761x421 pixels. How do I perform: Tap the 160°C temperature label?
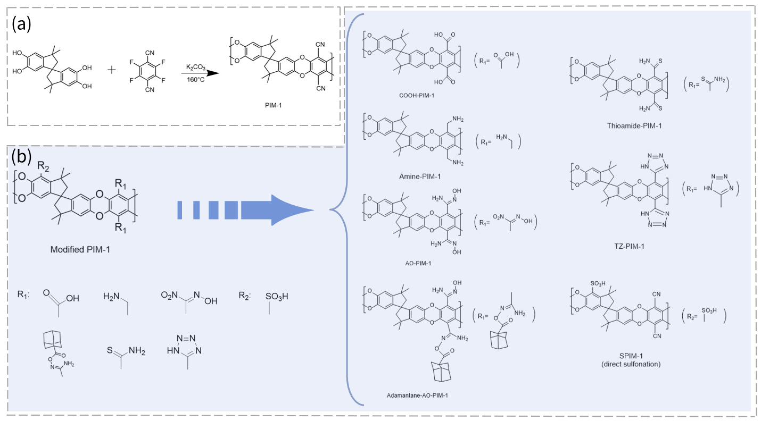[x=195, y=80]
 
